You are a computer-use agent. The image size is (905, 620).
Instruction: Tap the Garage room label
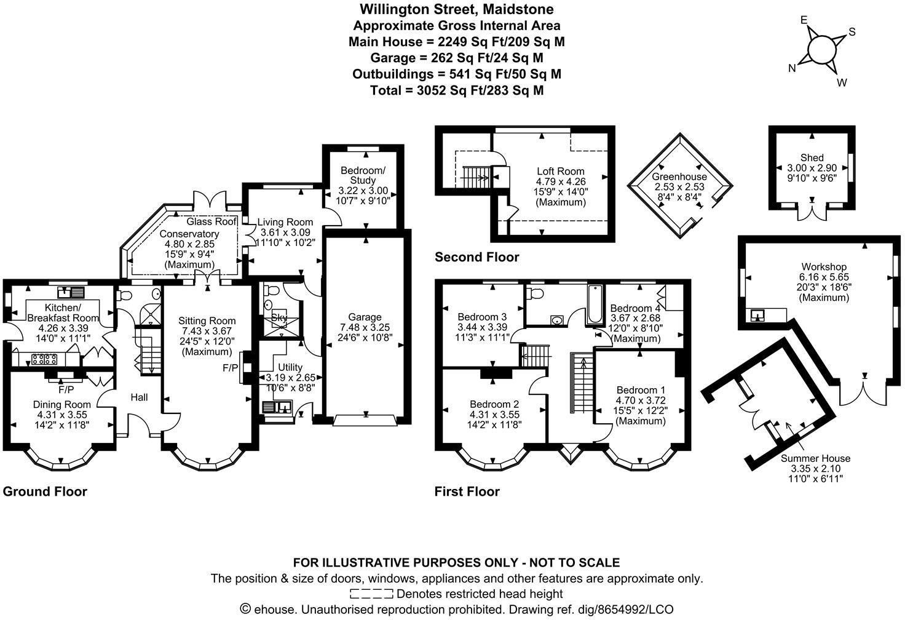[365, 317]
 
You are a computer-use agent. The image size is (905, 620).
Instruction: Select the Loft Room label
[560, 171]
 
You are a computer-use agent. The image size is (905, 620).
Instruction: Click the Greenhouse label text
[679, 177]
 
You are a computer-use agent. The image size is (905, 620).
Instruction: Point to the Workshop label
[823, 266]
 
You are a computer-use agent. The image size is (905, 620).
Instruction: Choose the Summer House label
[815, 458]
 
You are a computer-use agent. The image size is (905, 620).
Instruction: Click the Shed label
[812, 157]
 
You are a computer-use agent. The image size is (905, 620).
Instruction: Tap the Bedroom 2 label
[494, 404]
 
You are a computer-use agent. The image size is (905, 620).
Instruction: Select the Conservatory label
[189, 234]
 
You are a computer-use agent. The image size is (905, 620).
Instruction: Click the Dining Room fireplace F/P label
[66, 389]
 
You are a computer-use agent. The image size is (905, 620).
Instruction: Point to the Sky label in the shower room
[279, 317]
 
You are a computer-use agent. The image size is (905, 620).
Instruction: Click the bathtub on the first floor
[595, 305]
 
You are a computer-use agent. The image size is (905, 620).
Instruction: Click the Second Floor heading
[476, 257]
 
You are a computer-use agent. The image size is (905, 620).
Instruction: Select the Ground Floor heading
[45, 491]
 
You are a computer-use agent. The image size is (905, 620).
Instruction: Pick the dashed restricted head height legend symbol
[371, 594]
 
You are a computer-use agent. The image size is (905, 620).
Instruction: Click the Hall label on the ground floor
[139, 397]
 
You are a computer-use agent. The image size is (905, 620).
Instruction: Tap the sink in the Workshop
[758, 315]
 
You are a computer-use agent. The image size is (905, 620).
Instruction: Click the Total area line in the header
[456, 90]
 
